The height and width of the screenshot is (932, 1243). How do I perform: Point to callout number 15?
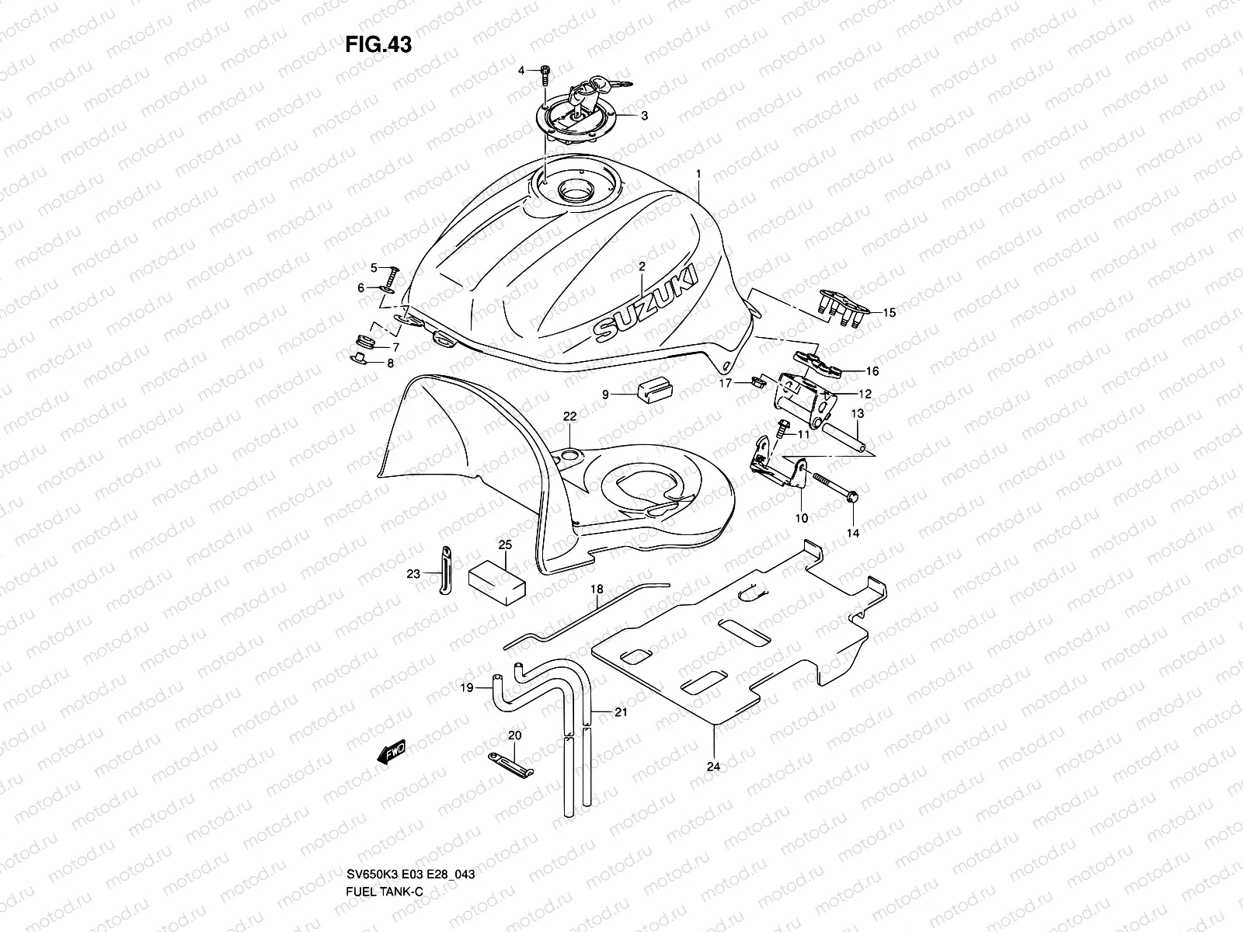(x=890, y=313)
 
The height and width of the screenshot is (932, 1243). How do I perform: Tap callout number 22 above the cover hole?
(x=569, y=417)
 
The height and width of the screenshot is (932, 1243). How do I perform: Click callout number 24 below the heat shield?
(x=714, y=767)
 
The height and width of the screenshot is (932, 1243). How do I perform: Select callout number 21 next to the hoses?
(x=621, y=711)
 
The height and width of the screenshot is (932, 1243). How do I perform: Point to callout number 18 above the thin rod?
(x=596, y=589)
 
